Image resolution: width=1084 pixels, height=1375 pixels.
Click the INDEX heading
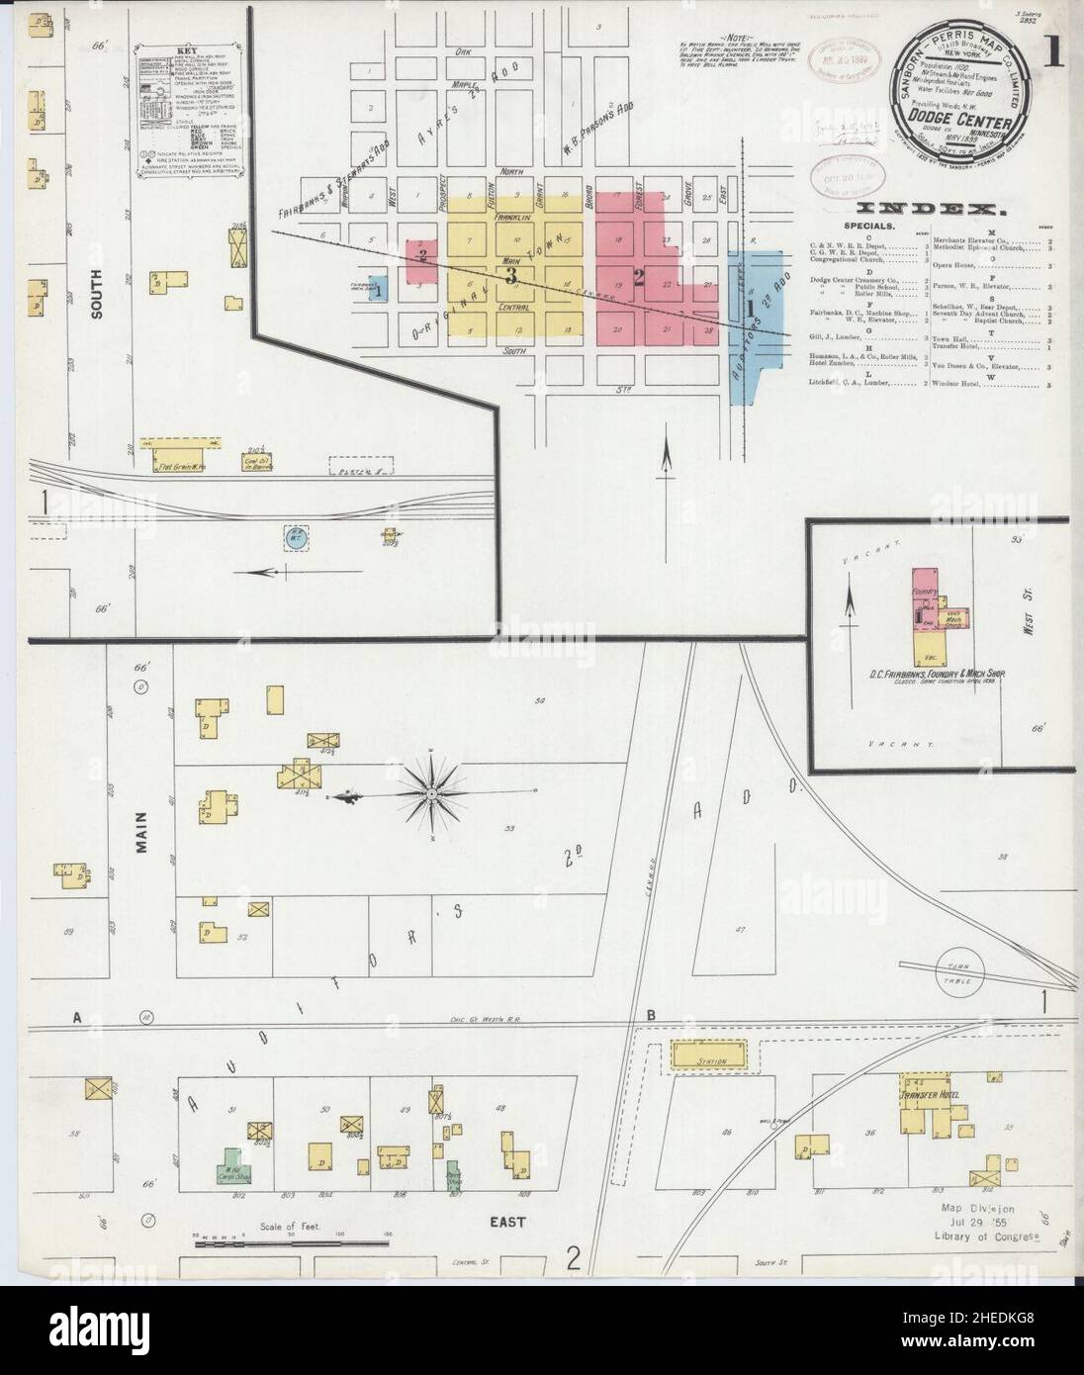tap(931, 209)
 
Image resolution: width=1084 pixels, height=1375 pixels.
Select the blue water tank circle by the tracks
tap(294, 537)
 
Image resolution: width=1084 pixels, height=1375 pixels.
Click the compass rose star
tap(432, 793)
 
